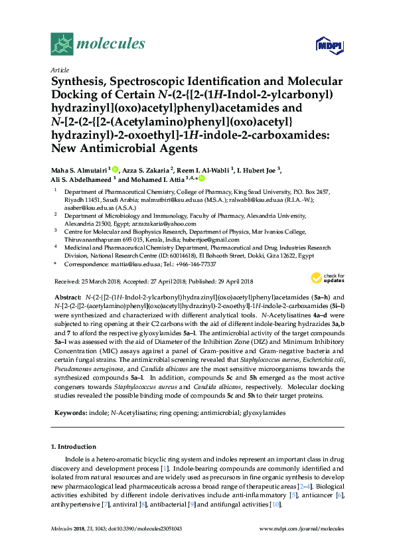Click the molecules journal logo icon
tap(62, 44)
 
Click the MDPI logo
tap(328, 45)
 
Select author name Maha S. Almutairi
tap(80, 170)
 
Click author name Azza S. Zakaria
tap(145, 170)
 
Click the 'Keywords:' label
tap(68, 412)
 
